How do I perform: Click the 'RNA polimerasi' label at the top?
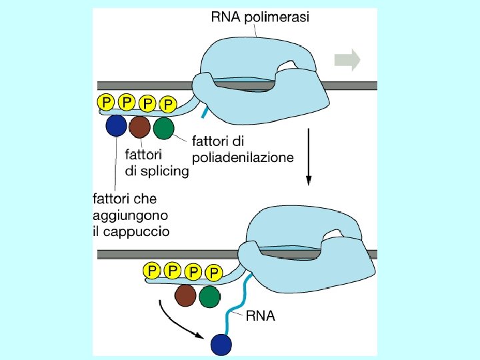[260, 17]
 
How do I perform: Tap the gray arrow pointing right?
[347, 60]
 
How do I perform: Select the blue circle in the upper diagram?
[116, 125]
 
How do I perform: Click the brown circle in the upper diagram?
[139, 127]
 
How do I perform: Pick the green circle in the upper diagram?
[164, 129]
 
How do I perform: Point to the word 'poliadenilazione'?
[243, 158]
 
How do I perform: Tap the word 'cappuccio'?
[136, 232]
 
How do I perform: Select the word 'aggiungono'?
[131, 216]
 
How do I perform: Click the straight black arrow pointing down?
[309, 157]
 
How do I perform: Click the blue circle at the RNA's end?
[221, 345]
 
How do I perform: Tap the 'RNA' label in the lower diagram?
[260, 316]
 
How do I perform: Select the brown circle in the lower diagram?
[185, 295]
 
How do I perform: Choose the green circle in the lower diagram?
[210, 297]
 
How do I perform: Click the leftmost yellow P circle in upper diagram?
[106, 101]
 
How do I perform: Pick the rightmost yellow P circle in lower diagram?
[214, 272]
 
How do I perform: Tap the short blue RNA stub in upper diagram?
[204, 112]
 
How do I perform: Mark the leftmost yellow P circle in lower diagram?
[152, 271]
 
